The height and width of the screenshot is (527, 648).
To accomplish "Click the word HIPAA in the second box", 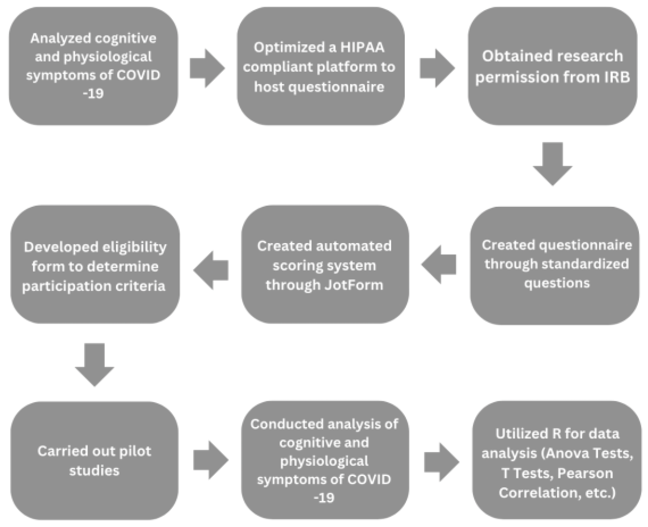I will tap(362, 48).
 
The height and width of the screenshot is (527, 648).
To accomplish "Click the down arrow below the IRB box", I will tap(552, 163).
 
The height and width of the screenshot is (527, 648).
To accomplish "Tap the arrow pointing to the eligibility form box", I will tap(211, 270).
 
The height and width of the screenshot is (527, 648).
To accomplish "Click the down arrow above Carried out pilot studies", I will tap(94, 364).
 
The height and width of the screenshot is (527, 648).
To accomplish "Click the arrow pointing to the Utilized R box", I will tap(441, 462).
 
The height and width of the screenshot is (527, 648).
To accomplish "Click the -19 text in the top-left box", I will tap(93, 93).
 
